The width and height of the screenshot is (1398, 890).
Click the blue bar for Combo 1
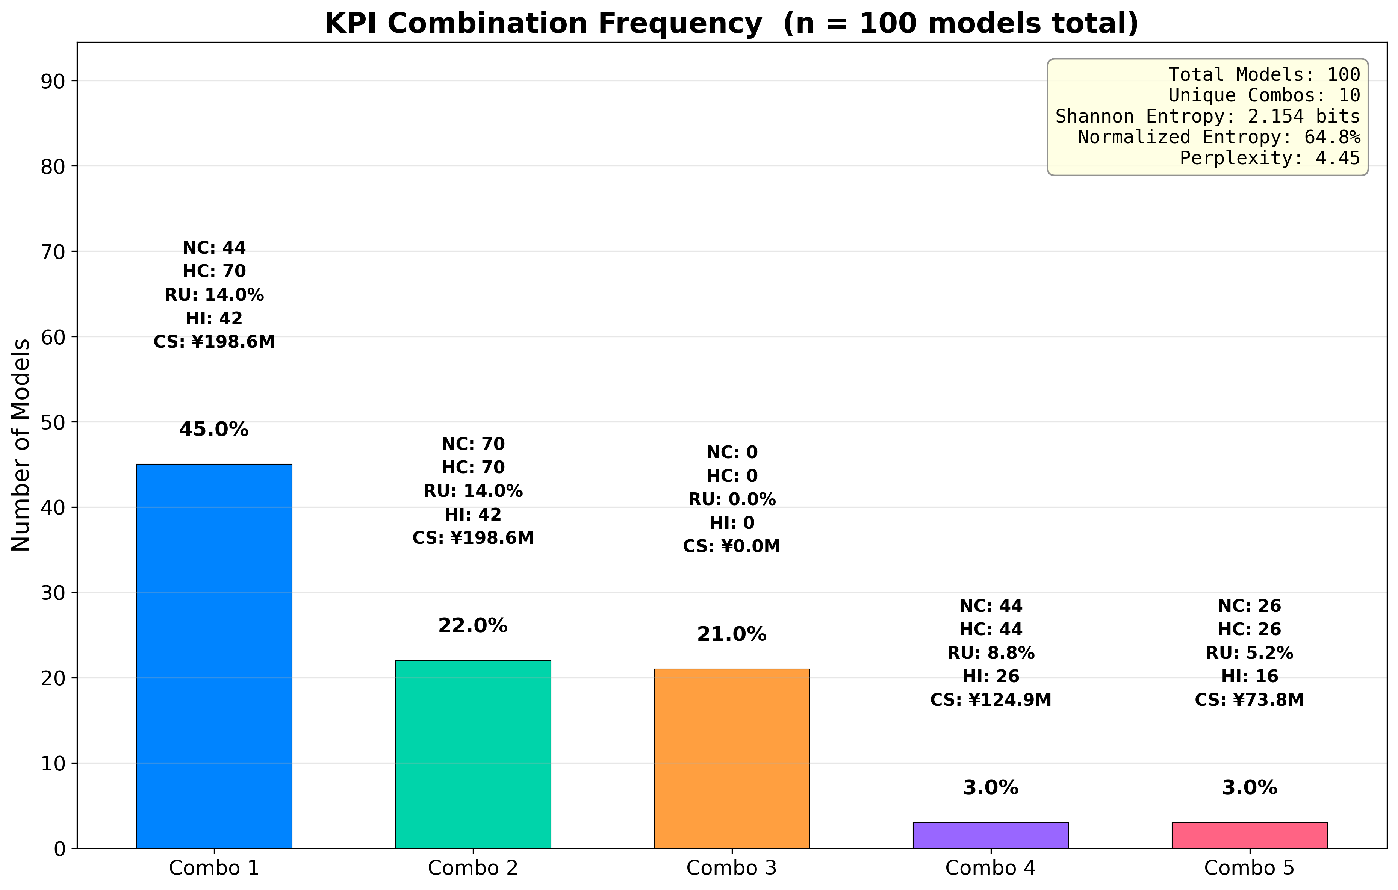coord(214,656)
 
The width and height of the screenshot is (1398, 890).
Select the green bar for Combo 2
coord(473,754)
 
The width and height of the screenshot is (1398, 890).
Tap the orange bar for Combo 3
coord(732,758)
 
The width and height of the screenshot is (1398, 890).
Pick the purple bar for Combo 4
coord(991,836)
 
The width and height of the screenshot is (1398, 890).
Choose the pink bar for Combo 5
coord(1250,836)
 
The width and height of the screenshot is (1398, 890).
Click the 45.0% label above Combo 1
coord(214,430)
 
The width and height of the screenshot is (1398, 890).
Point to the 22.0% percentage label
coord(473,626)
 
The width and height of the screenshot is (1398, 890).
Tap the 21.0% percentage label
coord(732,634)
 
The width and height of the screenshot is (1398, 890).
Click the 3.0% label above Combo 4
coord(991,788)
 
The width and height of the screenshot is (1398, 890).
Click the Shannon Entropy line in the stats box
coord(1207,117)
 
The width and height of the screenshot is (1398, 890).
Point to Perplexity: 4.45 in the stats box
coord(1270,158)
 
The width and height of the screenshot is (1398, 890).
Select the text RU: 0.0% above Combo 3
coord(732,499)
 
